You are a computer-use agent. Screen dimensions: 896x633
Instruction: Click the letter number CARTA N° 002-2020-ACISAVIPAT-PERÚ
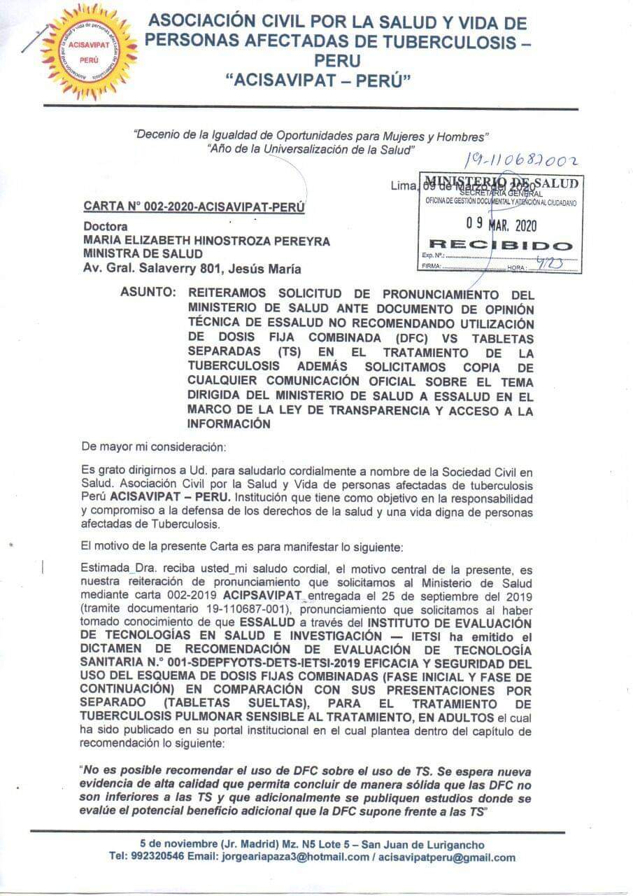[194, 206]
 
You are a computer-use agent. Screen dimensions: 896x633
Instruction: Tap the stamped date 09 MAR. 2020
[501, 225]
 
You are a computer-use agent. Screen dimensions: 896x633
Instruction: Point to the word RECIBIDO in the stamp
[499, 245]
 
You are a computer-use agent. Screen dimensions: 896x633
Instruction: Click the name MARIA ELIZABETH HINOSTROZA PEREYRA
[206, 241]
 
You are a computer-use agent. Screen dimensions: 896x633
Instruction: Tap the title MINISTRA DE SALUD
[143, 254]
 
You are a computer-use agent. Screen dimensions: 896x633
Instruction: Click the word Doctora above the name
[105, 227]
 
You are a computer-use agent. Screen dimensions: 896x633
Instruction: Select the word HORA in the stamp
[517, 268]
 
